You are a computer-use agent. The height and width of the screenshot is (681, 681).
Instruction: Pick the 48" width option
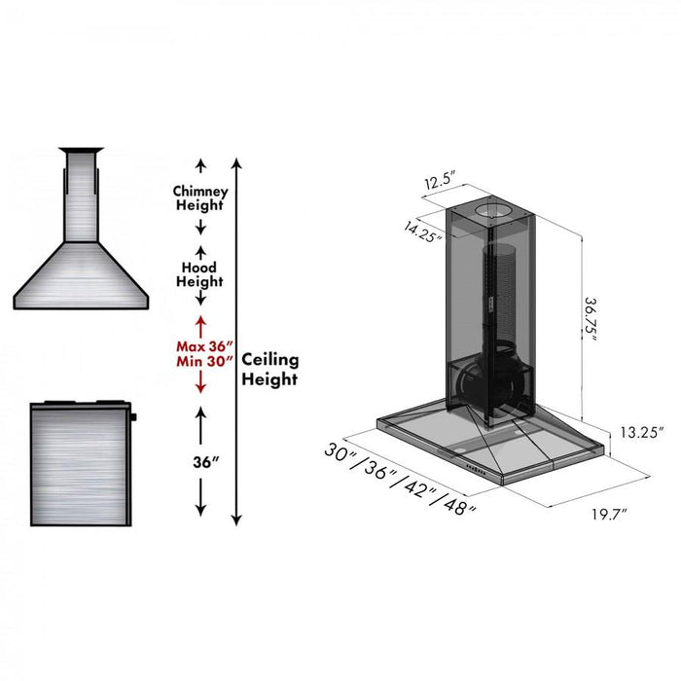456,505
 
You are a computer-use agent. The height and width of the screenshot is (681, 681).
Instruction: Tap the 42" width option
418,489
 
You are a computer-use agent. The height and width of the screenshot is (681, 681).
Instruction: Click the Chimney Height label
200,198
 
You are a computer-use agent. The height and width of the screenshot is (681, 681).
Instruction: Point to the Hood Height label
199,274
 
